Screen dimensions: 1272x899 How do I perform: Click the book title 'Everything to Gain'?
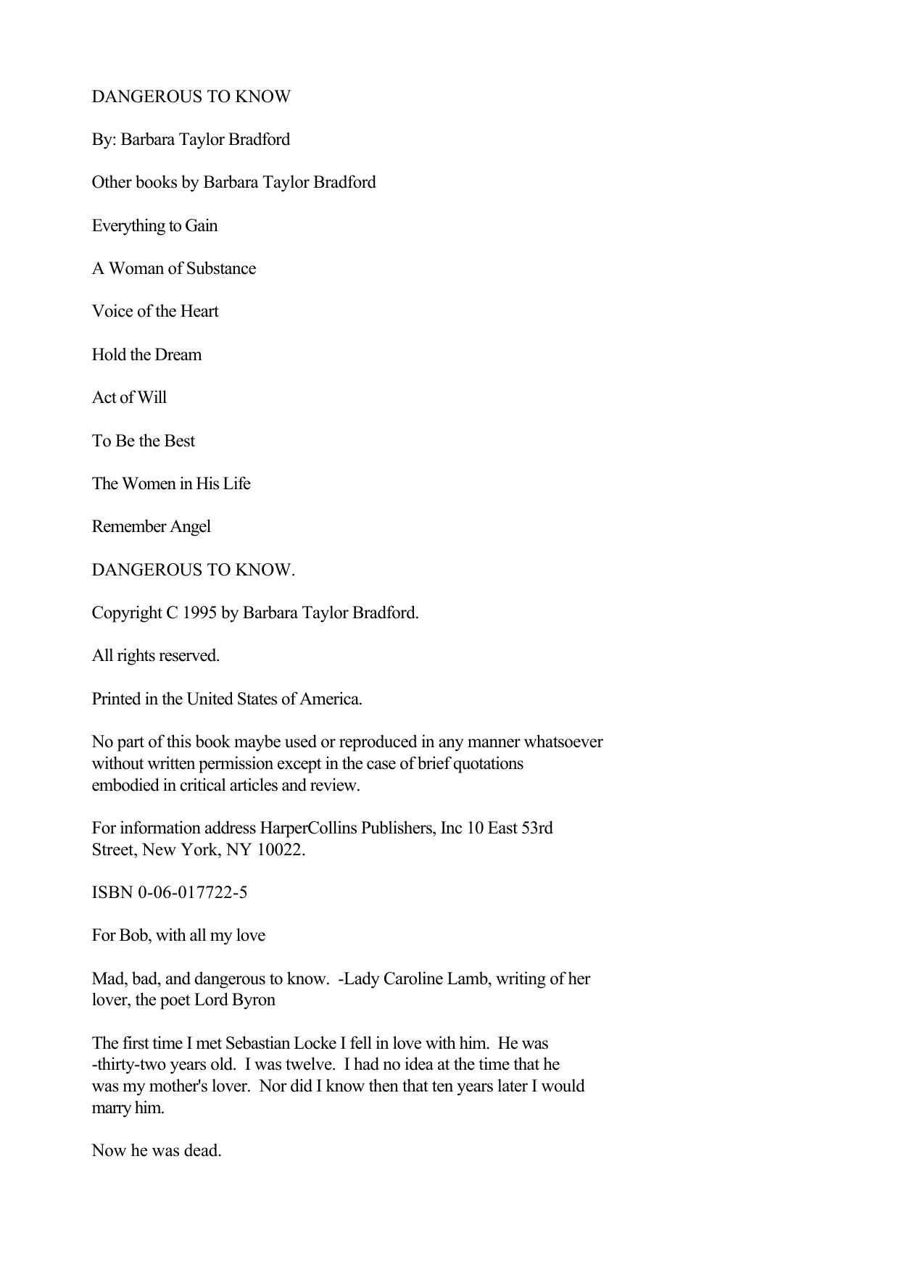click(x=154, y=226)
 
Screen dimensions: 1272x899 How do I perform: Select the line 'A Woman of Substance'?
click(x=173, y=269)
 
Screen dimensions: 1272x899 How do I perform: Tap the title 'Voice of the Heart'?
click(x=154, y=312)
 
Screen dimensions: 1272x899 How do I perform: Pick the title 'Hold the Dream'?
click(x=146, y=355)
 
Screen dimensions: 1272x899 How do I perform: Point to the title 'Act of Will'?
click(x=129, y=398)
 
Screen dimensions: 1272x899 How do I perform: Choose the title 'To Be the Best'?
click(x=143, y=441)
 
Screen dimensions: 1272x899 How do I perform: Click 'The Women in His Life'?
click(x=170, y=484)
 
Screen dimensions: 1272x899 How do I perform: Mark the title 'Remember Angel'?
click(x=151, y=527)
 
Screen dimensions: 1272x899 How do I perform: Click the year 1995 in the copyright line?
click(x=199, y=613)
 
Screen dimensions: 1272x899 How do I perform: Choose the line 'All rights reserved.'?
click(x=155, y=656)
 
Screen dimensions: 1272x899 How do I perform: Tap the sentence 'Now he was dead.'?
click(x=156, y=1151)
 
